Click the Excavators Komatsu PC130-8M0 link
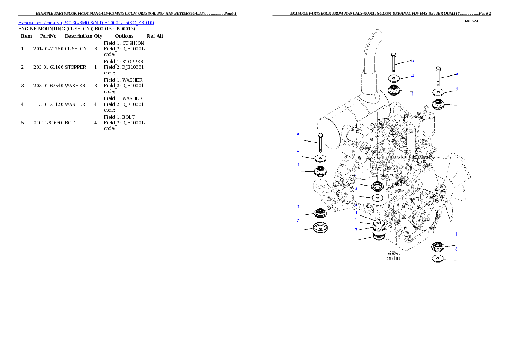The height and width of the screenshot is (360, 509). pyautogui.click(x=86, y=23)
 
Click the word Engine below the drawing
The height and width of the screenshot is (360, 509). pyautogui.click(x=394, y=258)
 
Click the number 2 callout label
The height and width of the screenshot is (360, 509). pyautogui.click(x=298, y=221)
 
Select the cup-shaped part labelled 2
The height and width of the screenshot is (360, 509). pyautogui.click(x=320, y=227)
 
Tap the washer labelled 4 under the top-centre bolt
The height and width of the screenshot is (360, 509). pyautogui.click(x=394, y=78)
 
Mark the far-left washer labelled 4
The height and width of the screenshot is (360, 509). pyautogui.click(x=320, y=159)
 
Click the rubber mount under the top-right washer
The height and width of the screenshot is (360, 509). pyautogui.click(x=438, y=103)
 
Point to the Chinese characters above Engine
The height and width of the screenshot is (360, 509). pyautogui.click(x=393, y=253)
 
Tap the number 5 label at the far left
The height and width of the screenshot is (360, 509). pyautogui.click(x=298, y=135)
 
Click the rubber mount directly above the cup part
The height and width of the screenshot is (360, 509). pyautogui.click(x=320, y=212)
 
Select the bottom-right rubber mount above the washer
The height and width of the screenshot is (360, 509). pyautogui.click(x=438, y=247)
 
